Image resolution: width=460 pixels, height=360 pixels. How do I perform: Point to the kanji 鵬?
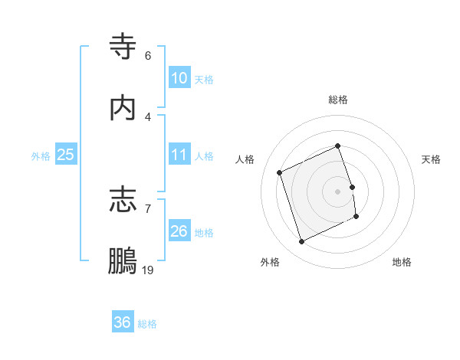click(x=123, y=260)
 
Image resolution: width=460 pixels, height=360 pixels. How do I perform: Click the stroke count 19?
click(x=148, y=269)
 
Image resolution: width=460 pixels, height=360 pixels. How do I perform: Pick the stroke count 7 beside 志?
click(x=148, y=208)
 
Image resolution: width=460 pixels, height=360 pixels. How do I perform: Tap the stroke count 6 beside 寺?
click(x=148, y=56)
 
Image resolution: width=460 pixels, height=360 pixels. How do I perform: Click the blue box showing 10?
click(x=179, y=78)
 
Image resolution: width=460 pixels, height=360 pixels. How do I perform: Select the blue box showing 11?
click(x=179, y=155)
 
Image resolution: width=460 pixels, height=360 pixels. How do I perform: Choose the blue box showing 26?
click(x=179, y=231)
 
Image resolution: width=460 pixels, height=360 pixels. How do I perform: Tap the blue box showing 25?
click(x=66, y=155)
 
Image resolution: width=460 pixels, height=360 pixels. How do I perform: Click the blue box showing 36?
click(x=123, y=322)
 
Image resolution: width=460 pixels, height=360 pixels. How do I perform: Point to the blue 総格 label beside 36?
click(x=147, y=324)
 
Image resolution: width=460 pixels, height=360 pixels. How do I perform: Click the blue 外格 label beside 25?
click(x=41, y=156)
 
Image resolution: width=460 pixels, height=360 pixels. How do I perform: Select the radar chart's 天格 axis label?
click(x=431, y=159)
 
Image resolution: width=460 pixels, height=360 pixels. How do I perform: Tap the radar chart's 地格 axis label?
click(x=402, y=262)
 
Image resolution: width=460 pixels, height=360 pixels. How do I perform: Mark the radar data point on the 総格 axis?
click(x=337, y=146)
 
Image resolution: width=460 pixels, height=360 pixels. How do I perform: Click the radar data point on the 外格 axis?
click(x=301, y=242)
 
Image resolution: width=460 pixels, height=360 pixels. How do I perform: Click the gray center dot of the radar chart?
click(x=337, y=191)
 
